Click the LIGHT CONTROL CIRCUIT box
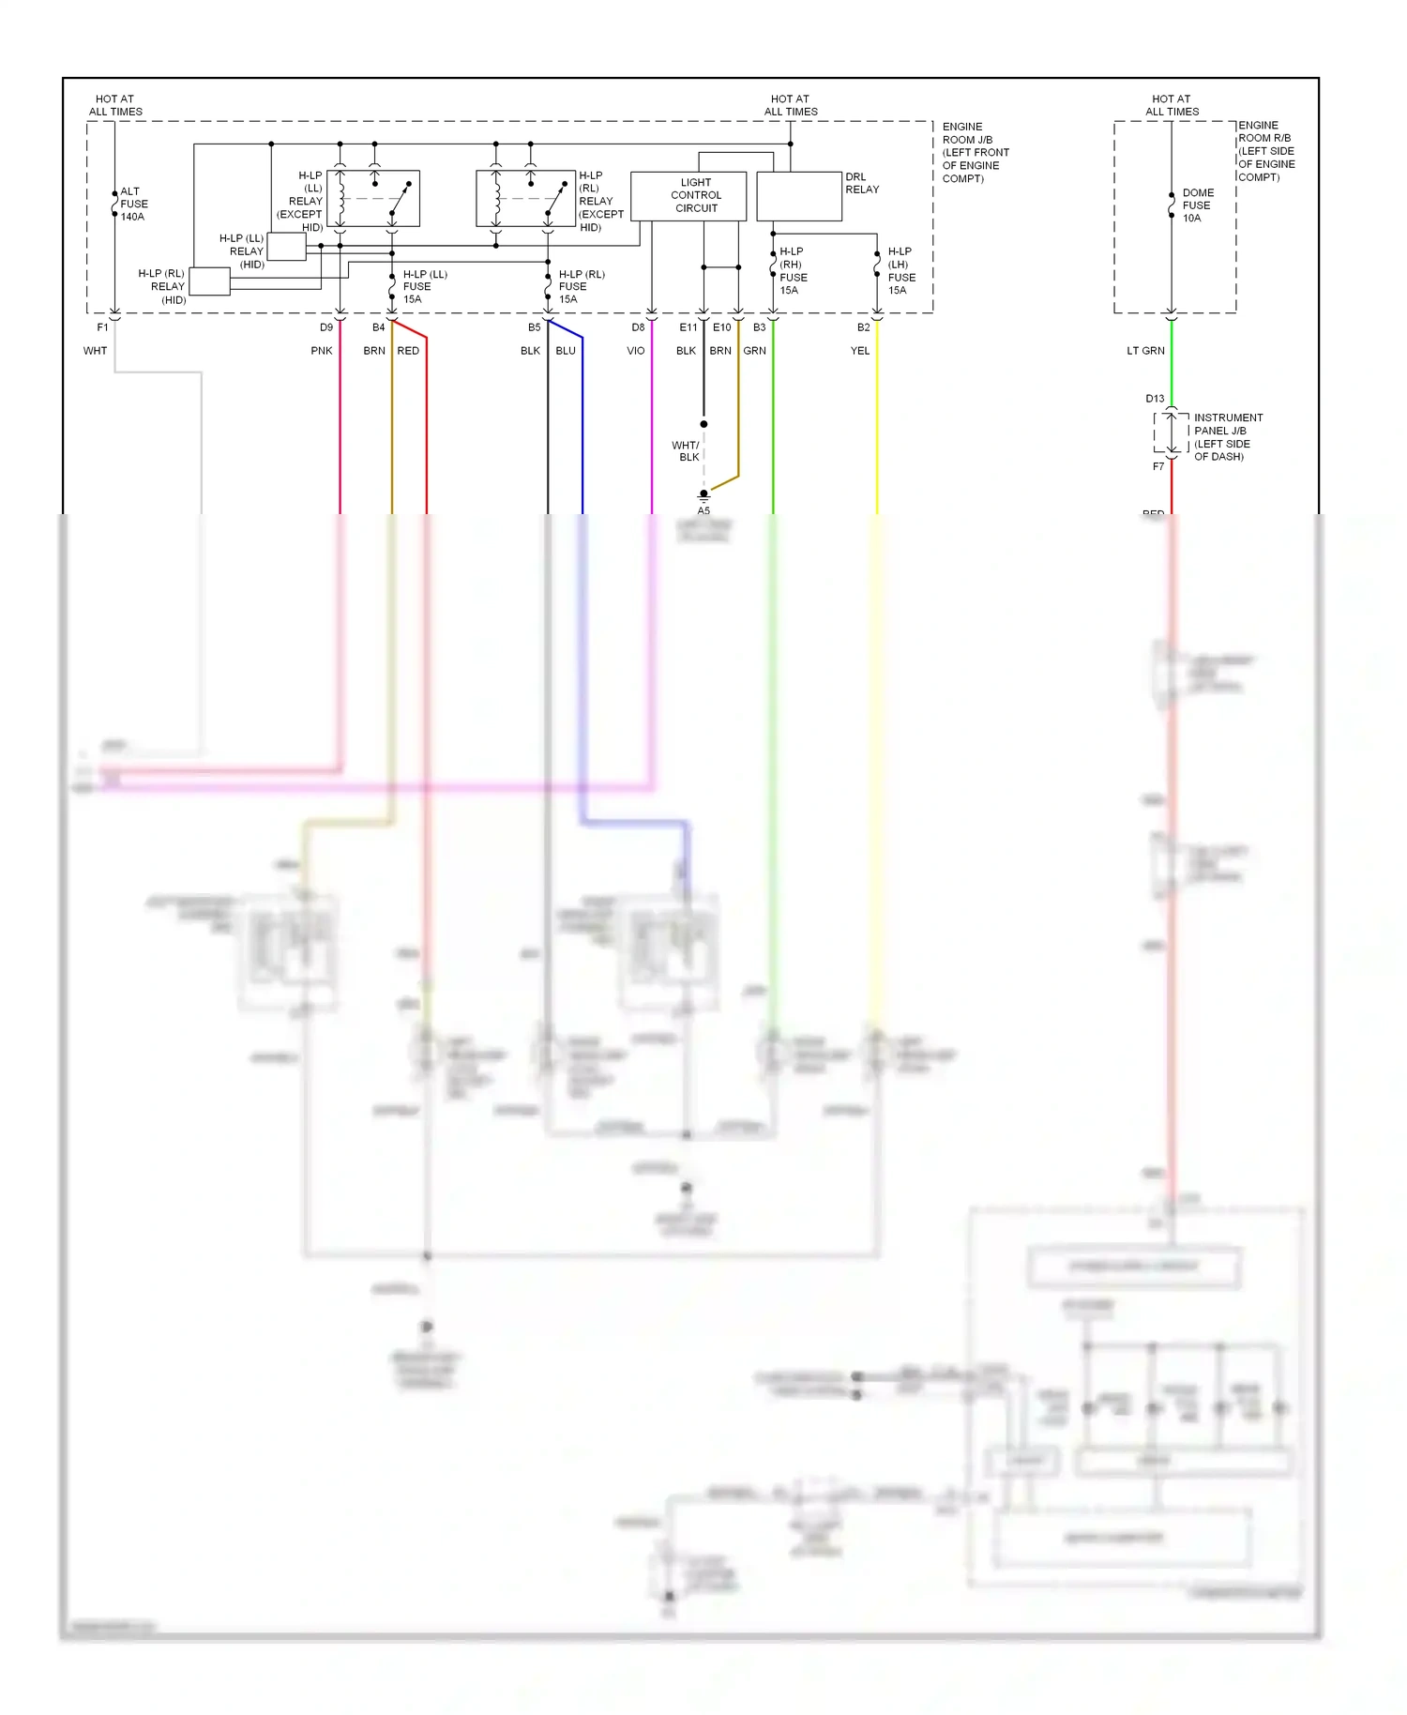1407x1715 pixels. pyautogui.click(x=688, y=196)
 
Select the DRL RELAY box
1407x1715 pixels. pyautogui.click(x=798, y=196)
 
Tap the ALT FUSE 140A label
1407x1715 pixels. pyautogui.click(x=133, y=204)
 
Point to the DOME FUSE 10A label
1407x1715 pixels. pyautogui.click(x=1197, y=205)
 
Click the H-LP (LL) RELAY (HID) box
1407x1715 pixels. pyautogui.click(x=286, y=247)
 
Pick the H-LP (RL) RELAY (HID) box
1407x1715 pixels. pyautogui.click(x=209, y=281)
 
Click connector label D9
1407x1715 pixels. pyautogui.click(x=325, y=327)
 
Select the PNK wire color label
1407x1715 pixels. pyautogui.click(x=322, y=351)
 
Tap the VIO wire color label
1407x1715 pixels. pyautogui.click(x=635, y=351)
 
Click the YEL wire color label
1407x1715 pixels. pyautogui.click(x=859, y=351)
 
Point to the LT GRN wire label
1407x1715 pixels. pyautogui.click(x=1145, y=351)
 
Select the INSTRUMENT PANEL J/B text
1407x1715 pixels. pyautogui.click(x=1227, y=424)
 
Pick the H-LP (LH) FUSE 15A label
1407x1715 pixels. pyautogui.click(x=900, y=271)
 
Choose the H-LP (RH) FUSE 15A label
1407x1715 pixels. pyautogui.click(x=793, y=271)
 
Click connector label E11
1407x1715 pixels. pyautogui.click(x=688, y=327)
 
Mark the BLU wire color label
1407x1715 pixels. pyautogui.click(x=565, y=351)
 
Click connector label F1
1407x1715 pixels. pyautogui.click(x=102, y=327)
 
